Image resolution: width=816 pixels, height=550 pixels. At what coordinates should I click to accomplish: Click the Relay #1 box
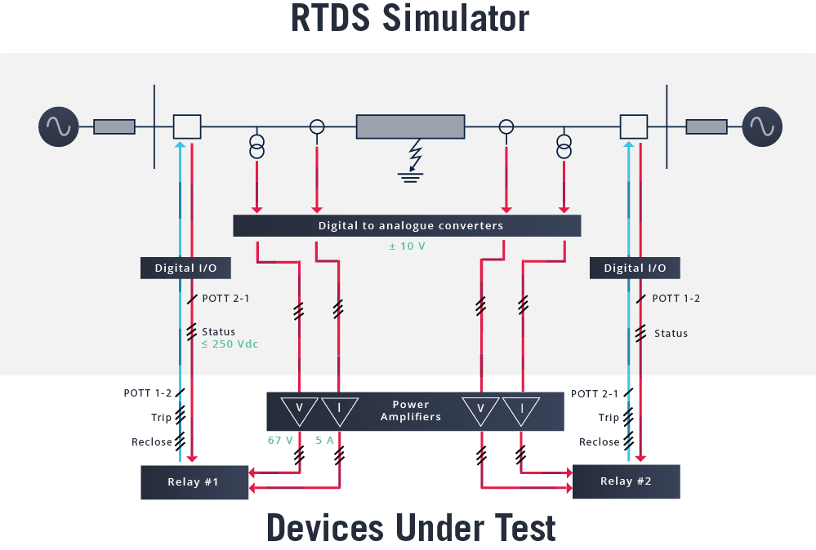click(x=194, y=482)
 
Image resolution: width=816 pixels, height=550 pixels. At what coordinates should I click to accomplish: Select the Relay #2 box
click(x=626, y=481)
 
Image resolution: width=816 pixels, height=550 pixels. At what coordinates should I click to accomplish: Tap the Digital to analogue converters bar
click(x=407, y=226)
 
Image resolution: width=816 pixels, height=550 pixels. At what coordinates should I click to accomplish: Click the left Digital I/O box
click(x=185, y=268)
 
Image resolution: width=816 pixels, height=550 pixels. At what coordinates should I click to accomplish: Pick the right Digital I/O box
click(x=635, y=268)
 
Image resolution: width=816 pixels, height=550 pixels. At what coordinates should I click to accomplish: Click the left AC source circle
click(x=59, y=126)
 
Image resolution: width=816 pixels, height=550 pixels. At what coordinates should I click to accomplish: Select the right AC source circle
click(x=762, y=126)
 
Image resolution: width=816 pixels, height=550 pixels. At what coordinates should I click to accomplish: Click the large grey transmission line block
click(x=410, y=126)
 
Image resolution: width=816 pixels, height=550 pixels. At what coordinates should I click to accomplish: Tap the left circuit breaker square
click(x=187, y=126)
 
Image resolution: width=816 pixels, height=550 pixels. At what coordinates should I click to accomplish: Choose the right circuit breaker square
click(x=634, y=126)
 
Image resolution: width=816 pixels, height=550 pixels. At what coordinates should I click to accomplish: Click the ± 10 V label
click(x=407, y=246)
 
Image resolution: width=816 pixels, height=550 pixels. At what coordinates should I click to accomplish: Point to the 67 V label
click(x=280, y=440)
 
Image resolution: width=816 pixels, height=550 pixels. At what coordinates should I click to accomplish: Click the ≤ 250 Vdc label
click(x=230, y=344)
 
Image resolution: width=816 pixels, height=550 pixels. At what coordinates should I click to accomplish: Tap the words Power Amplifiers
click(x=410, y=410)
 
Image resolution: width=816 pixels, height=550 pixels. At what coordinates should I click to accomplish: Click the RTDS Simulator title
click(x=410, y=20)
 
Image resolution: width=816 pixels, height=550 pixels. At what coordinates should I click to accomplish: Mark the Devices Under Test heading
click(x=411, y=528)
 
